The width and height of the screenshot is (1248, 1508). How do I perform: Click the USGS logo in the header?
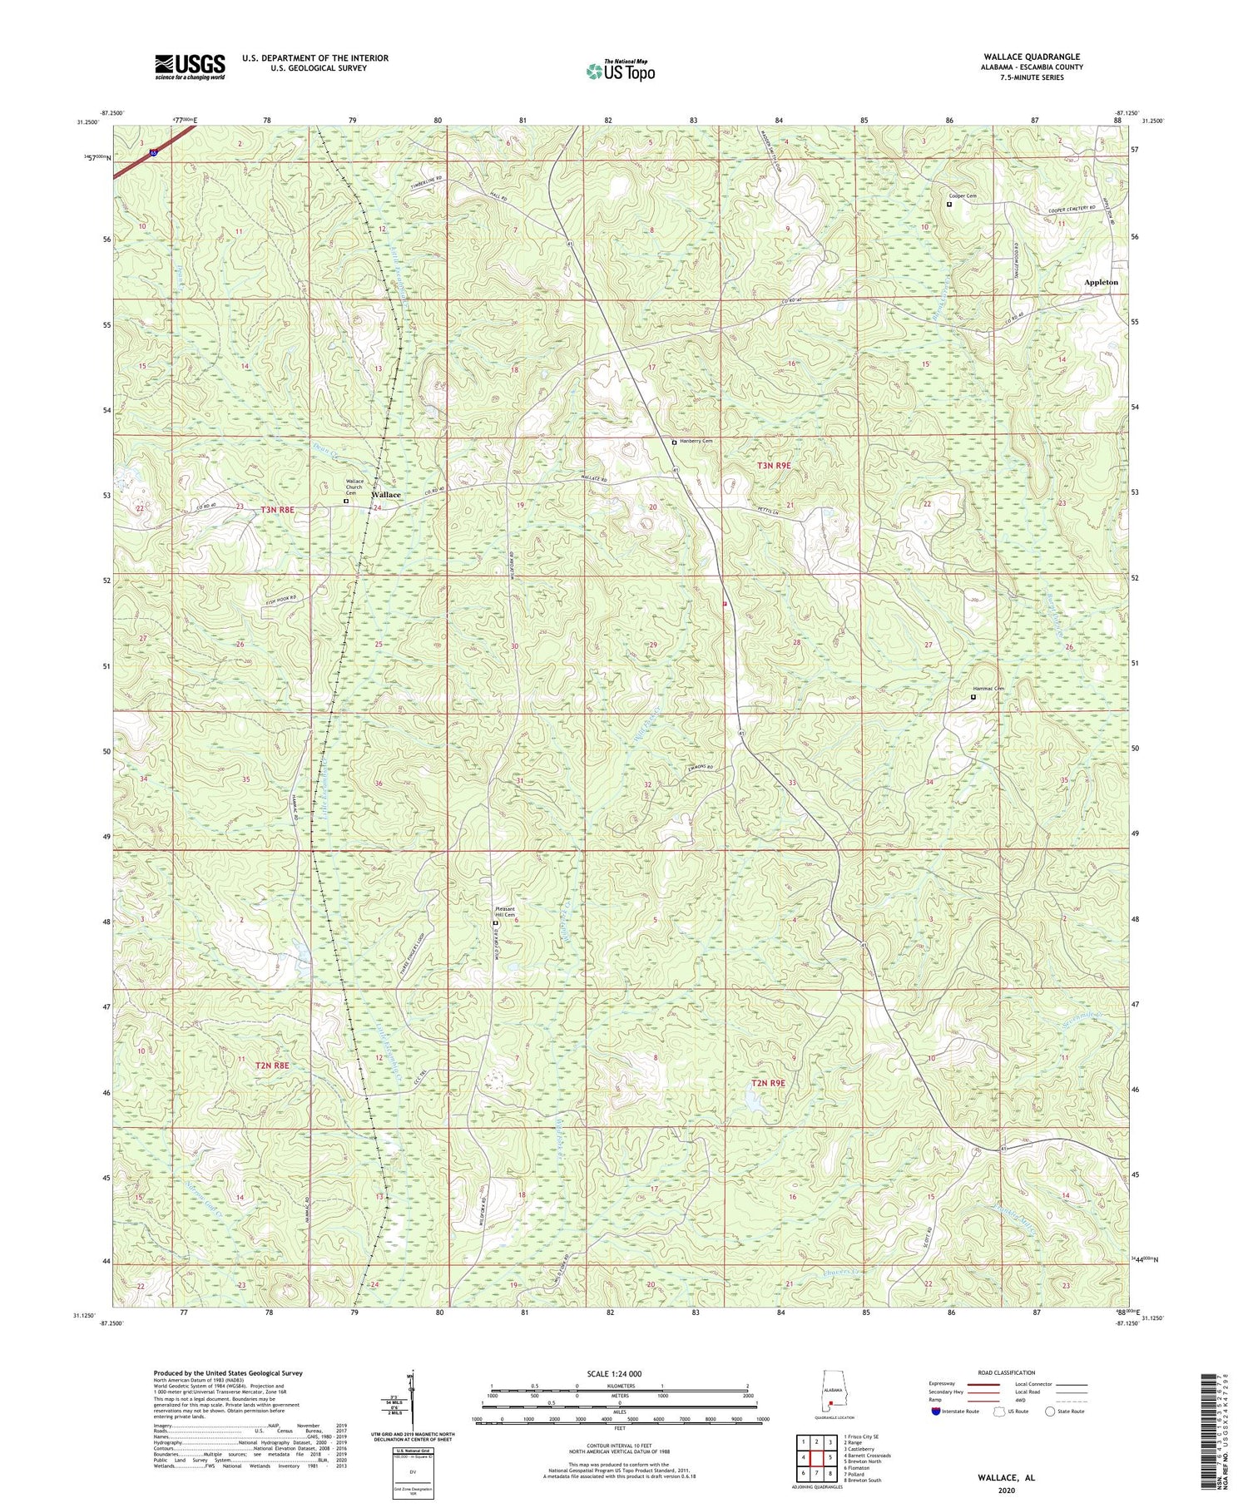tap(190, 67)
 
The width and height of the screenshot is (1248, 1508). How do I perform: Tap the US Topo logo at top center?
tap(620, 71)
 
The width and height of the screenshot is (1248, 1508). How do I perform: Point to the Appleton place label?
tap(1101, 282)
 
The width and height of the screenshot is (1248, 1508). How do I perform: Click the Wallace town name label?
tap(386, 495)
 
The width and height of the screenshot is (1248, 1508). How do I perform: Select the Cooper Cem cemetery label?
tap(964, 196)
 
